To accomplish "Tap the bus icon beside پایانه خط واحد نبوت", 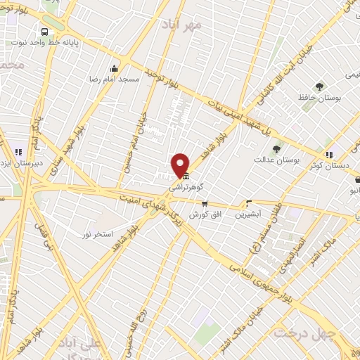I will click(x=45, y=32).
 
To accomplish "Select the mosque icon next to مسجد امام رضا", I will click(x=115, y=69).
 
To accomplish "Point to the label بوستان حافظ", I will click(x=319, y=98).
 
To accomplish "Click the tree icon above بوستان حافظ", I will click(x=320, y=87).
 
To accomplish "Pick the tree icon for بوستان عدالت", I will click(x=276, y=149).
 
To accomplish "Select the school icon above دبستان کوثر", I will click(x=328, y=155).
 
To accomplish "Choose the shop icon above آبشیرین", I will click(x=247, y=202).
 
